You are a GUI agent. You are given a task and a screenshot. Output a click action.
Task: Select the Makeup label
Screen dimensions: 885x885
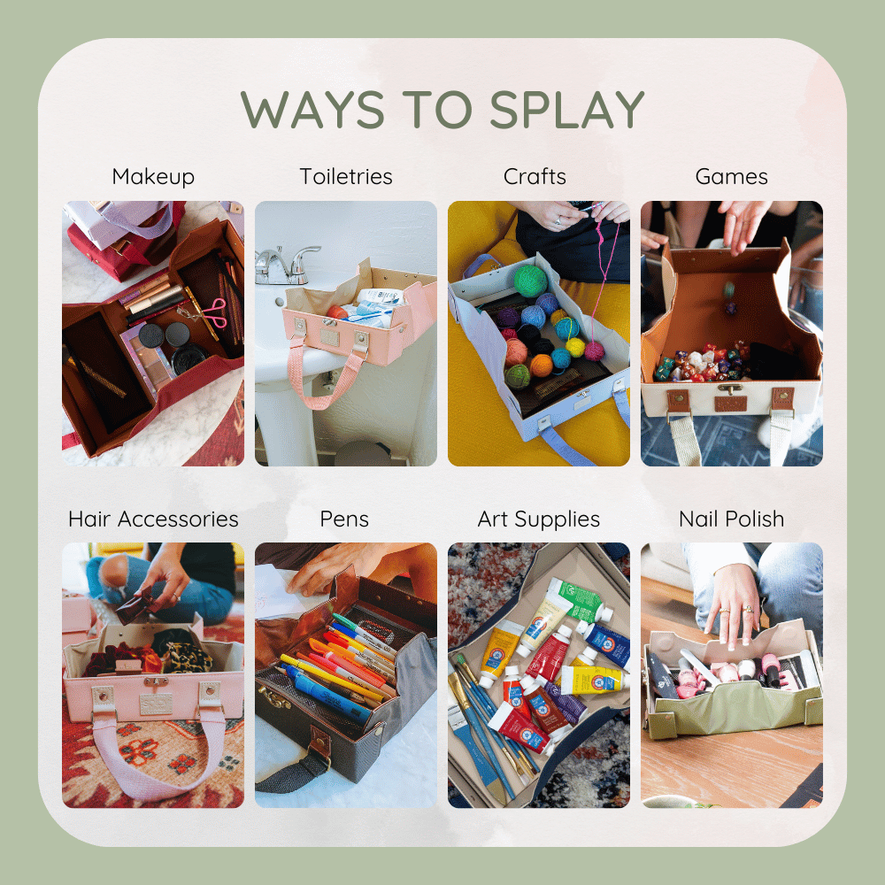(153, 177)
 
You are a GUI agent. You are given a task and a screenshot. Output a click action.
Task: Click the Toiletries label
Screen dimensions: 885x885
(345, 177)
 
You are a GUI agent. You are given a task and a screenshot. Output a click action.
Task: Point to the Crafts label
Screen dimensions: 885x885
(535, 177)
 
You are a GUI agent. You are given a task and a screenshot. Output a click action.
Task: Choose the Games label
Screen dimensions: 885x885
(731, 177)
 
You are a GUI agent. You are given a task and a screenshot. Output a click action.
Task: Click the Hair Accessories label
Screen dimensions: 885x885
(153, 519)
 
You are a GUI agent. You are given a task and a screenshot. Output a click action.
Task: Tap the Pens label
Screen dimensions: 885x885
(345, 519)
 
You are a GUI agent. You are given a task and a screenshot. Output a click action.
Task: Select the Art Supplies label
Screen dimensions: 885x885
(538, 519)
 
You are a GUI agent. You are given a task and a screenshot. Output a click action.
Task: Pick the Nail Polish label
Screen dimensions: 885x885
(731, 519)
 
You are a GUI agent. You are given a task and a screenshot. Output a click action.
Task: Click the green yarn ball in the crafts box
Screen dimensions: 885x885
(532, 281)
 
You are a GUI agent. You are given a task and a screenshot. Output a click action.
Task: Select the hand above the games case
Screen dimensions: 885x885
(745, 221)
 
